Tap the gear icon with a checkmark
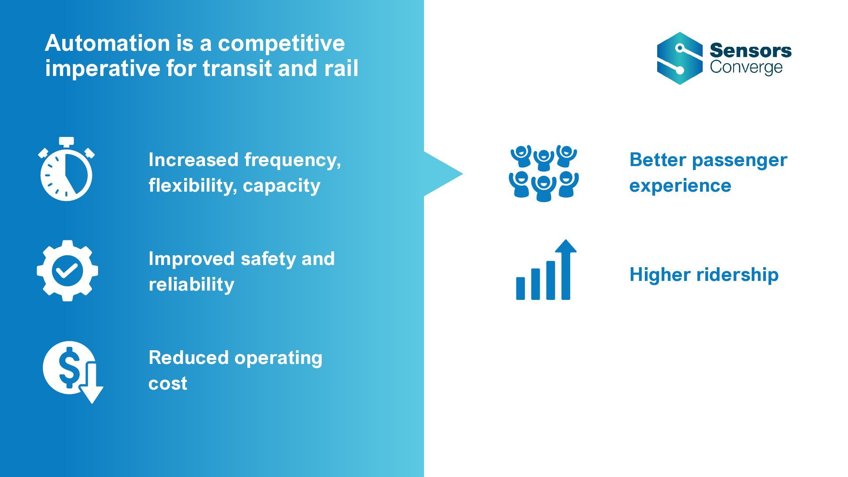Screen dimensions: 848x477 [x=67, y=271]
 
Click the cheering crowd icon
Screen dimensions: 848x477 [x=544, y=173]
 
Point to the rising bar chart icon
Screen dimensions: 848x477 [x=546, y=270]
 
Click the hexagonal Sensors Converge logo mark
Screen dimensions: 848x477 [x=680, y=58]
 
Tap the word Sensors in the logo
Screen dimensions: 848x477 [x=750, y=50]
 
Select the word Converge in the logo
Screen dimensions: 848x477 [x=746, y=67]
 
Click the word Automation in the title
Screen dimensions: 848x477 [x=107, y=43]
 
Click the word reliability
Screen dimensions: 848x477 [x=191, y=284]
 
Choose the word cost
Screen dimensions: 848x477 [x=167, y=383]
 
